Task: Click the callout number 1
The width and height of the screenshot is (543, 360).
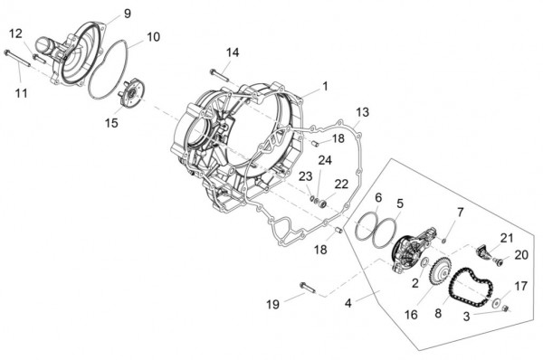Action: click(x=325, y=86)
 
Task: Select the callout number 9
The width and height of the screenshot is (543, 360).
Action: click(x=127, y=13)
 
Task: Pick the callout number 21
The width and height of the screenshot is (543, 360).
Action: click(x=506, y=237)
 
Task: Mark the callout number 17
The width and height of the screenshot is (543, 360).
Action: click(x=519, y=286)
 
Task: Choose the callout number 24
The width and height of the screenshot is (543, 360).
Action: click(x=325, y=160)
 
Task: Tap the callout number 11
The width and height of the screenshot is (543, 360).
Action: click(x=21, y=93)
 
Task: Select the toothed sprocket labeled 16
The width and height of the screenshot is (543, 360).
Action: click(x=441, y=270)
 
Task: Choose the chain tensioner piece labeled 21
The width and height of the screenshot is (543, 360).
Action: click(x=486, y=248)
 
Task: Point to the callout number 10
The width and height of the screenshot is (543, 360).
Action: click(x=153, y=37)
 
